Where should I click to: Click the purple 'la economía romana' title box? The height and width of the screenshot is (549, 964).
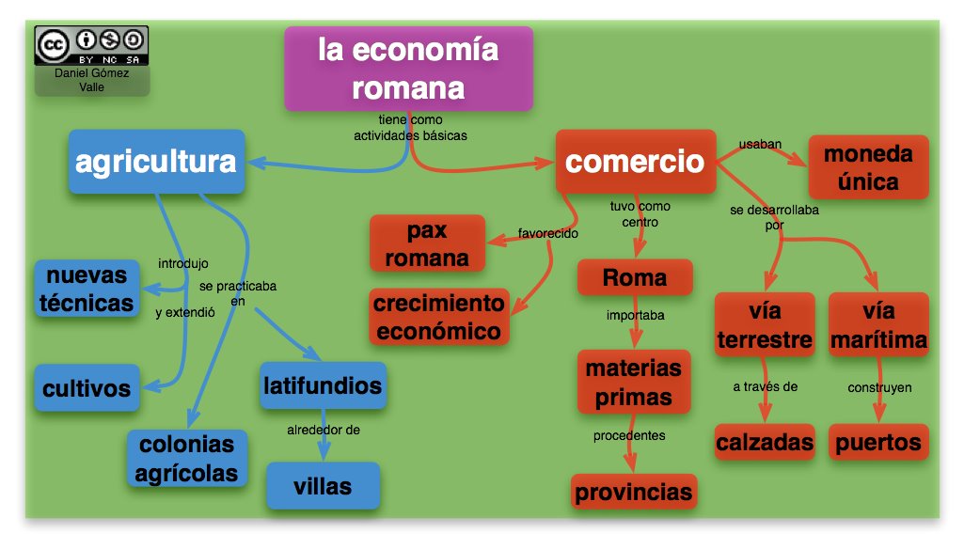pyautogui.click(x=408, y=69)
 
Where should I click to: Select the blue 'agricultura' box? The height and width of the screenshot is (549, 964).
pyautogui.click(x=155, y=163)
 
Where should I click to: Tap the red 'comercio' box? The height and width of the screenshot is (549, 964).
pyautogui.click(x=634, y=162)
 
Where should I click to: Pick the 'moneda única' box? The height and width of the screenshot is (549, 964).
pyautogui.click(x=868, y=166)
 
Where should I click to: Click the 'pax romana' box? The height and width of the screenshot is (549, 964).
pyautogui.click(x=427, y=243)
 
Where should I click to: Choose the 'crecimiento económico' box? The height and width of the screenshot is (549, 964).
pyautogui.click(x=438, y=317)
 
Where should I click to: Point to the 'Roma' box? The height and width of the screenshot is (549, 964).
pyautogui.click(x=635, y=278)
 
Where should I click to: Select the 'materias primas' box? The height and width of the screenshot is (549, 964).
pyautogui.click(x=633, y=382)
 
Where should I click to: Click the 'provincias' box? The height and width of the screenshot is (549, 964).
pyautogui.click(x=633, y=492)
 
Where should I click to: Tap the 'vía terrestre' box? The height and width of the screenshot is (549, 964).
pyautogui.click(x=764, y=324)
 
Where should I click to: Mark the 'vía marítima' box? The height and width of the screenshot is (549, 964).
pyautogui.click(x=878, y=324)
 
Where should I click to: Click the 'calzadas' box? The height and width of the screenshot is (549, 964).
pyautogui.click(x=764, y=442)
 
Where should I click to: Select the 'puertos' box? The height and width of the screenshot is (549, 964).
pyautogui.click(x=878, y=442)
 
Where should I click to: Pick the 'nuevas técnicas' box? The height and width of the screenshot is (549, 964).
pyautogui.click(x=87, y=290)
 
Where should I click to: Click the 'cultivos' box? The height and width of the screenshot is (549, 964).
pyautogui.click(x=87, y=387)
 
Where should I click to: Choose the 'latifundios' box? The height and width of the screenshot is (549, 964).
pyautogui.click(x=322, y=385)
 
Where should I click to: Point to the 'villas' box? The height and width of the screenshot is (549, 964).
pyautogui.click(x=323, y=486)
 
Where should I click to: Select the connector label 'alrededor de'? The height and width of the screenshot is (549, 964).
pyautogui.click(x=324, y=431)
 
